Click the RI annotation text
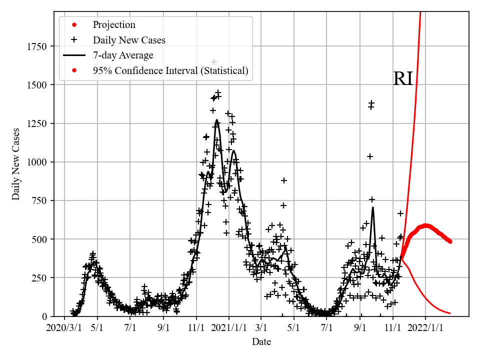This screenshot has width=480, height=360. click(x=403, y=79)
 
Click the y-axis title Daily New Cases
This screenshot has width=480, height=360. click(x=16, y=164)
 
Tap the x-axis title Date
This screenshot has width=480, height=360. click(x=261, y=342)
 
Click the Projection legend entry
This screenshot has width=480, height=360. click(x=114, y=25)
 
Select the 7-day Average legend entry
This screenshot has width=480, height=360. click(x=123, y=55)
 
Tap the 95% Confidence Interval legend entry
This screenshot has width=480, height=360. click(x=170, y=70)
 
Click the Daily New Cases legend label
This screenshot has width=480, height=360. click(x=129, y=40)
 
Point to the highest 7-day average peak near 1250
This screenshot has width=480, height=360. click(x=216, y=120)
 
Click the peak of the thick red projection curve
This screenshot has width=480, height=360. click(x=425, y=225)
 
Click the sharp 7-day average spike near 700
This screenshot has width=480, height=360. click(x=372, y=207)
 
